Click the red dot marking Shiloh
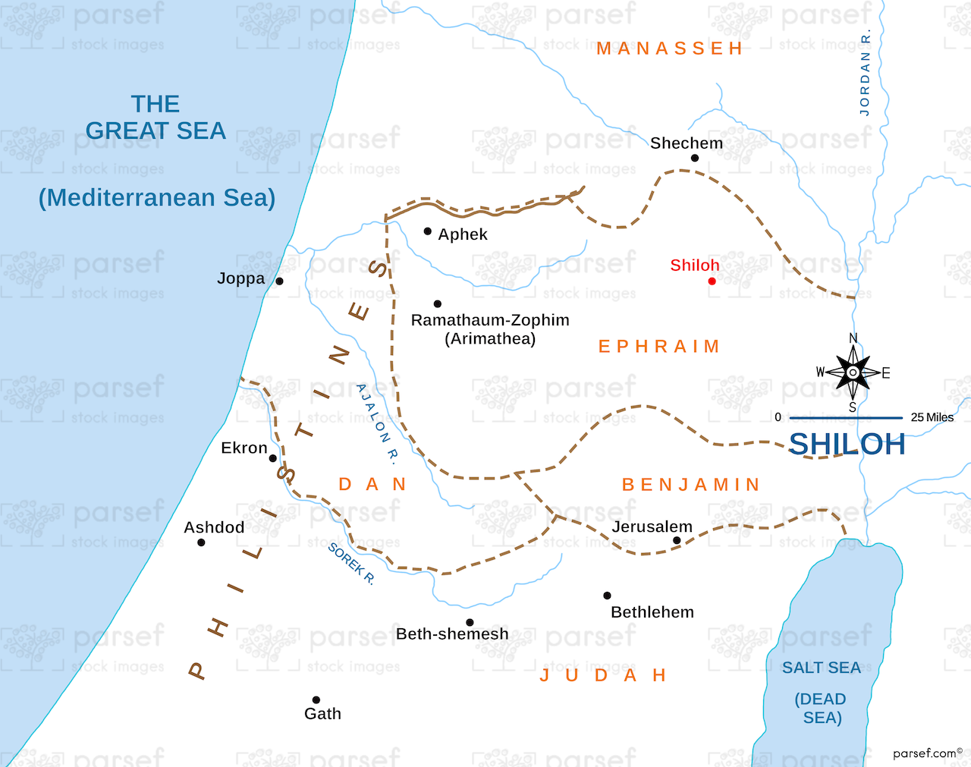coord(712,281)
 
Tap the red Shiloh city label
coord(694,266)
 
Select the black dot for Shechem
coord(694,158)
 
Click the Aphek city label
coord(463,234)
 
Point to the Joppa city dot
coord(279,281)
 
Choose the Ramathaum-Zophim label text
coord(490,320)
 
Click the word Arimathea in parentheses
coord(490,339)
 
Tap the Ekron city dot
coord(273,458)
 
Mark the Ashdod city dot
coord(201,542)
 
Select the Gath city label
coord(322,714)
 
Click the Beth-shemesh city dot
coord(470,623)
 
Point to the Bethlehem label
coord(652,612)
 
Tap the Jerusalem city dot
coord(677,541)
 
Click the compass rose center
coord(853,372)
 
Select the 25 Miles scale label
coord(932,417)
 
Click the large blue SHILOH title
coord(847,445)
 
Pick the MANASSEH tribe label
coord(670,49)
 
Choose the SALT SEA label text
coord(822,668)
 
